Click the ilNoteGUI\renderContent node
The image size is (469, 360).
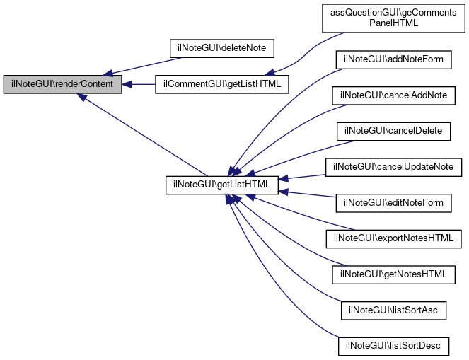pyautogui.click(x=62, y=84)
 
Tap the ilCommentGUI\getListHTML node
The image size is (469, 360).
pyautogui.click(x=221, y=84)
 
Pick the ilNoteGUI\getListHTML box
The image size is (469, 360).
pyautogui.click(x=222, y=185)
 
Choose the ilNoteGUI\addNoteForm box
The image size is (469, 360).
pyautogui.click(x=393, y=59)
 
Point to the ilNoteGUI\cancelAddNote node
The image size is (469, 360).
pyautogui.click(x=393, y=95)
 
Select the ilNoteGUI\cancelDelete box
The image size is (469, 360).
pyautogui.click(x=393, y=131)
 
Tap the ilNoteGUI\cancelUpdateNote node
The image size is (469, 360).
pyautogui.click(x=393, y=167)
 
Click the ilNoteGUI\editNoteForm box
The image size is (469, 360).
pyautogui.click(x=393, y=203)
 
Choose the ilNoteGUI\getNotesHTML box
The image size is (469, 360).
pyautogui.click(x=393, y=272)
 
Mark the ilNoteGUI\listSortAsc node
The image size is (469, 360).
pyautogui.click(x=393, y=310)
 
